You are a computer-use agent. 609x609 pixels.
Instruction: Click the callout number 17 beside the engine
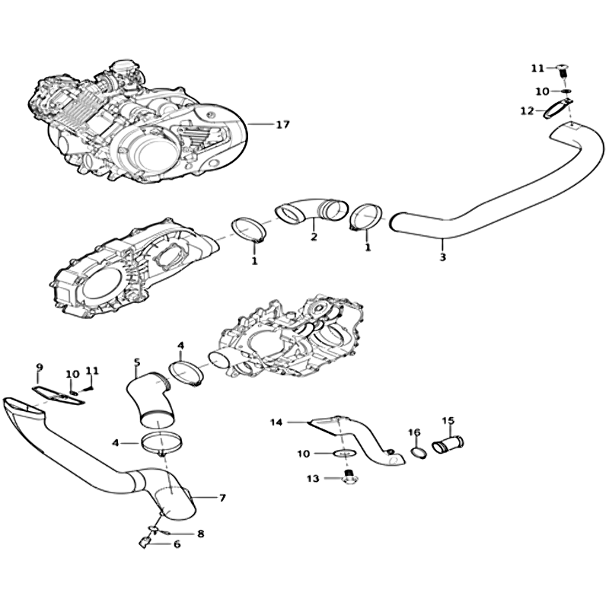(x=282, y=125)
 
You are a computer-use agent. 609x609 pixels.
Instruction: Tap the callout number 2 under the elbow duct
(x=314, y=236)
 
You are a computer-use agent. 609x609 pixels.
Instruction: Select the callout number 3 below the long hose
(x=443, y=257)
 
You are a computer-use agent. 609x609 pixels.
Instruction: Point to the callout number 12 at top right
(x=528, y=111)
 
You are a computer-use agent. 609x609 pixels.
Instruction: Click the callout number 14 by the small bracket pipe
(x=276, y=422)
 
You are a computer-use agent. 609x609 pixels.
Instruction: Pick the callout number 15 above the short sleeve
(x=448, y=420)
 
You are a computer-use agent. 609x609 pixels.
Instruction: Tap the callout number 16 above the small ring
(x=414, y=432)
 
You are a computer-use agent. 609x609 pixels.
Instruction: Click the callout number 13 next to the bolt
(x=313, y=479)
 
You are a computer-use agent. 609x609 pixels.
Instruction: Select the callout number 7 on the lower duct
(x=222, y=498)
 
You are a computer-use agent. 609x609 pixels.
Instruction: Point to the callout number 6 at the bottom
(x=177, y=544)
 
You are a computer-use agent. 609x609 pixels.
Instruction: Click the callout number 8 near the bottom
(x=200, y=534)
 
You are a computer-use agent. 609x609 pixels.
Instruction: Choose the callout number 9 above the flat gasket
(x=40, y=367)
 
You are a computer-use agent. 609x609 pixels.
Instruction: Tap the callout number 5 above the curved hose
(x=136, y=362)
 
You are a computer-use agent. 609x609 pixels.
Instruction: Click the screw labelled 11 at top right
(x=563, y=71)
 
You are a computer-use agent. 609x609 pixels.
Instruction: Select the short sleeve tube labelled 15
(x=448, y=445)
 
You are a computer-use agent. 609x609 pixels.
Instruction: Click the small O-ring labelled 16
(x=419, y=453)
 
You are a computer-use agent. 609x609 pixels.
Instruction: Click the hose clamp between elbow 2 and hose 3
(x=365, y=217)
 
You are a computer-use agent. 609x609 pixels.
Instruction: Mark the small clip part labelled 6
(x=145, y=542)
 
